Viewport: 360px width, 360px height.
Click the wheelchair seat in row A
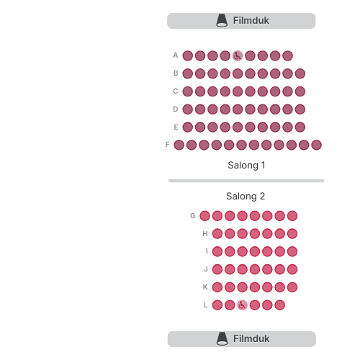point(238,56)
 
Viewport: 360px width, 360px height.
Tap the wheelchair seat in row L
point(242,305)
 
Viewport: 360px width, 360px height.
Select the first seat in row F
point(179,145)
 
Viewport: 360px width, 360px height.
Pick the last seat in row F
point(316,145)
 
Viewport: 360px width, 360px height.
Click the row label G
point(193,216)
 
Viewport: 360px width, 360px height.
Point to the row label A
point(176,55)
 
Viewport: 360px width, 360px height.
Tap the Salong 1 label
point(246,166)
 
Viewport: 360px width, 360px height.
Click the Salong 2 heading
point(246,197)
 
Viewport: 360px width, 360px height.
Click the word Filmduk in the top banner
point(251,21)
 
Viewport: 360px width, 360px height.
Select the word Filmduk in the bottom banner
point(251,339)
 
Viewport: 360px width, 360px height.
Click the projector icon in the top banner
point(222,21)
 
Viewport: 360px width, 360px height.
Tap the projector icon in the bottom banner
point(222,339)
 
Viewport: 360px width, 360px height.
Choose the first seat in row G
point(204,216)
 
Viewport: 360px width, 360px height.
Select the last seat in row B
point(300,73)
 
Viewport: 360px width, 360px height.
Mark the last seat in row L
point(279,305)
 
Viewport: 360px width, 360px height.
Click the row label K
point(205,287)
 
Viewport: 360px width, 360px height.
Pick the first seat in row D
point(188,109)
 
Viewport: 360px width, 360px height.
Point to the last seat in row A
point(287,56)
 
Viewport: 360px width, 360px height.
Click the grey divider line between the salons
point(246,181)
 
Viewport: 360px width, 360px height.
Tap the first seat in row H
point(217,234)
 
